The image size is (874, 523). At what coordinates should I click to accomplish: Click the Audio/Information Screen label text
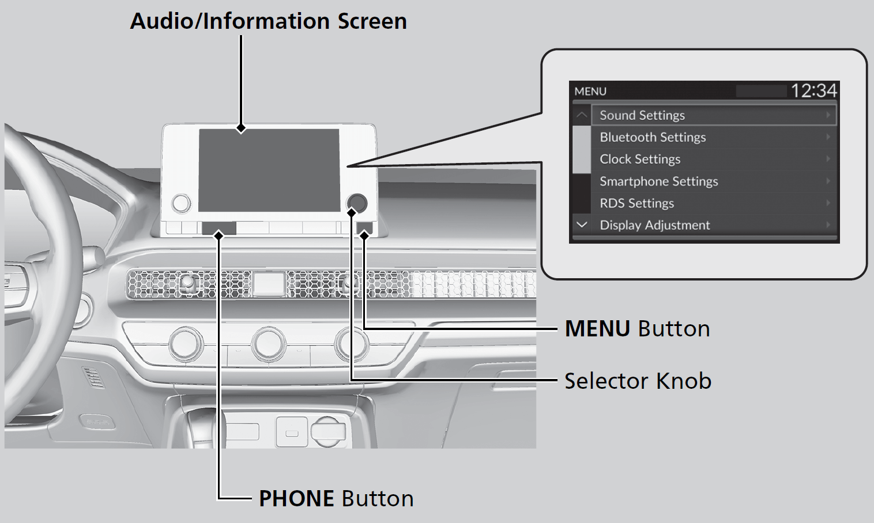[x=268, y=21]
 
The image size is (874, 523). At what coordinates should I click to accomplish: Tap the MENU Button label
[x=637, y=328]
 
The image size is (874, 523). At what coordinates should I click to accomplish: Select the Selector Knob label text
[x=638, y=381]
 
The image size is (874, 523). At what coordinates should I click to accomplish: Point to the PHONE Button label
[x=336, y=498]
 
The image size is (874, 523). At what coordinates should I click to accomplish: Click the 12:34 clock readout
[x=813, y=90]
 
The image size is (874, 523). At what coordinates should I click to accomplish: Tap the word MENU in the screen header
[x=590, y=92]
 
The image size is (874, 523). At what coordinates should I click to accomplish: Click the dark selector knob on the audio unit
[x=357, y=202]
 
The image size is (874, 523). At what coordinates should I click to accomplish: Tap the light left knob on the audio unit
[x=180, y=203]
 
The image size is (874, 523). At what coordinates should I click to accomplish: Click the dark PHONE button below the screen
[x=219, y=228]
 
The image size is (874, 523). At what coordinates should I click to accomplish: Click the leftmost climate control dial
[x=186, y=344]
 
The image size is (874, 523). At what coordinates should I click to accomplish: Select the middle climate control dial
[x=269, y=344]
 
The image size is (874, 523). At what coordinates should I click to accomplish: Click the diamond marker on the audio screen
[x=241, y=128]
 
